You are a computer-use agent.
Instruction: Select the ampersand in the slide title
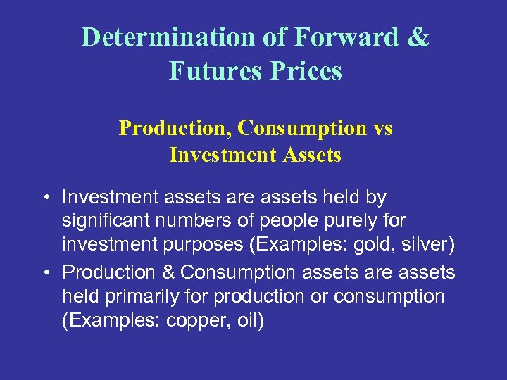[x=417, y=37]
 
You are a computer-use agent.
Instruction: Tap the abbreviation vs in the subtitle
[x=381, y=128]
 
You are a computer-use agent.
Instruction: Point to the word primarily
[x=141, y=296]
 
